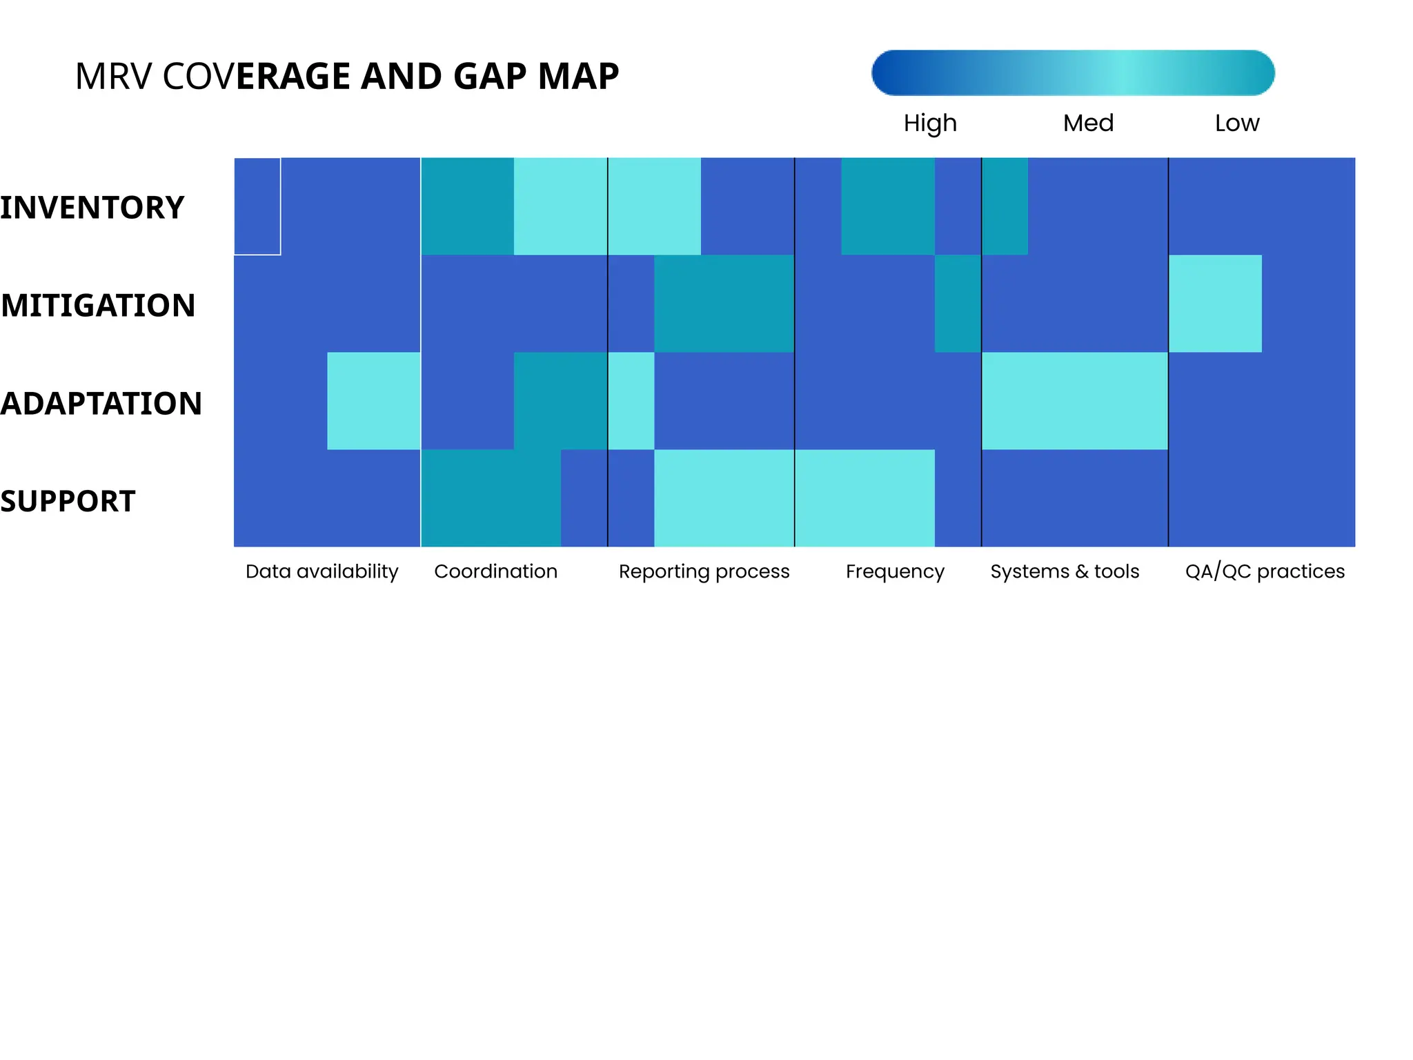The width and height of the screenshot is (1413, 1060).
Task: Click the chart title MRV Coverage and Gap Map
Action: [346, 76]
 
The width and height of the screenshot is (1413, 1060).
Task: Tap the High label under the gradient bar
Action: [930, 124]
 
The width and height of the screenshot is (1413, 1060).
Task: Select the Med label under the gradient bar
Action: [1088, 124]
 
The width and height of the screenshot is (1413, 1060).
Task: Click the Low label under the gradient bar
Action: [1236, 124]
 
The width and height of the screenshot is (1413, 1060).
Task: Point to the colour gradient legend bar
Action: [1072, 72]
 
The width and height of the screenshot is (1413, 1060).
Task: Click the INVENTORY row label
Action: [92, 208]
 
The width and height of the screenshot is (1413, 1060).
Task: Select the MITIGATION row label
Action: [98, 306]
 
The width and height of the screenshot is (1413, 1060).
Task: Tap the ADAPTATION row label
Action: [101, 404]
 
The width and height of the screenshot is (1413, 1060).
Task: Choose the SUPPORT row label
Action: [68, 502]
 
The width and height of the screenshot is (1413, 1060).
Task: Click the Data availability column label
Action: [322, 571]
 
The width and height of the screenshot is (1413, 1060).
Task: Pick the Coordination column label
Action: [495, 571]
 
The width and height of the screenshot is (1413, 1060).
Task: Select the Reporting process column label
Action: [704, 571]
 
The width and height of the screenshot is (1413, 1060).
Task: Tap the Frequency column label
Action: [895, 571]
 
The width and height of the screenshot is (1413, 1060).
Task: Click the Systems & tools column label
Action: [1065, 571]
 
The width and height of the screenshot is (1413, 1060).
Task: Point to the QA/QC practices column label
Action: [1265, 571]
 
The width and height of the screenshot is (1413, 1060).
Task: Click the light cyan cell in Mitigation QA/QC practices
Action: [1214, 304]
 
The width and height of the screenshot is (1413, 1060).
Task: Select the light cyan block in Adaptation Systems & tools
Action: [1074, 401]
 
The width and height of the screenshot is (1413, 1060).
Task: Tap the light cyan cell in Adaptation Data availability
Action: [373, 401]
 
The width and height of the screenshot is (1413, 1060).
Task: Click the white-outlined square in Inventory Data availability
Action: [257, 206]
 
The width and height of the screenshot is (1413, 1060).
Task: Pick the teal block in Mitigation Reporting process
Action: [724, 304]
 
